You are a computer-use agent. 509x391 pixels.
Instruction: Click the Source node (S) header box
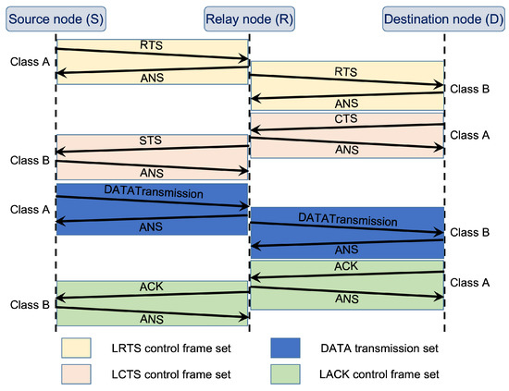[x=56, y=18]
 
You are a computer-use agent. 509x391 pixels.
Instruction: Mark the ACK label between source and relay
[x=151, y=287]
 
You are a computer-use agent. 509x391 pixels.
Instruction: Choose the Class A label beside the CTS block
[x=467, y=135]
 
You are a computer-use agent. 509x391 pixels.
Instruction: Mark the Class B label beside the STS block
[x=25, y=158]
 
